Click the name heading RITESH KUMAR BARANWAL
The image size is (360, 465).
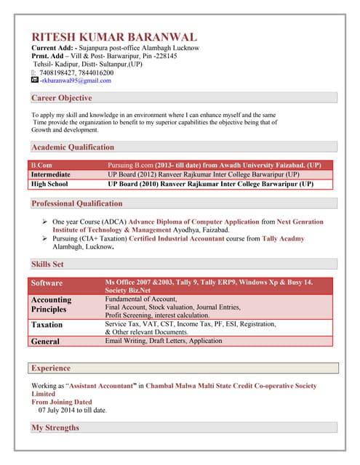(x=113, y=37)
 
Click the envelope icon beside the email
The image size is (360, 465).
(x=35, y=81)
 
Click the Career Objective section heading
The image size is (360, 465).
(x=62, y=98)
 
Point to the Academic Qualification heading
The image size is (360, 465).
(x=73, y=147)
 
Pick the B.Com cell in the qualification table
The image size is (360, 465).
(x=41, y=166)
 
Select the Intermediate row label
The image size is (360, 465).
(x=51, y=175)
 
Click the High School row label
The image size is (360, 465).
(x=49, y=185)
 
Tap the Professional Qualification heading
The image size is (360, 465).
(x=77, y=203)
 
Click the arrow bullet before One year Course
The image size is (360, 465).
(x=45, y=222)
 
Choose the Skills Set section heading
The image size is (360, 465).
(x=47, y=264)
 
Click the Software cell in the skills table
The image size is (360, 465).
(x=47, y=283)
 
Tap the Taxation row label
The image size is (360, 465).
(x=47, y=325)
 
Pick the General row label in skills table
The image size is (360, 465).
(x=45, y=341)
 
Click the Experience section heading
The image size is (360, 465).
(x=51, y=368)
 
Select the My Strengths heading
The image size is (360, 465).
(x=55, y=428)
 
